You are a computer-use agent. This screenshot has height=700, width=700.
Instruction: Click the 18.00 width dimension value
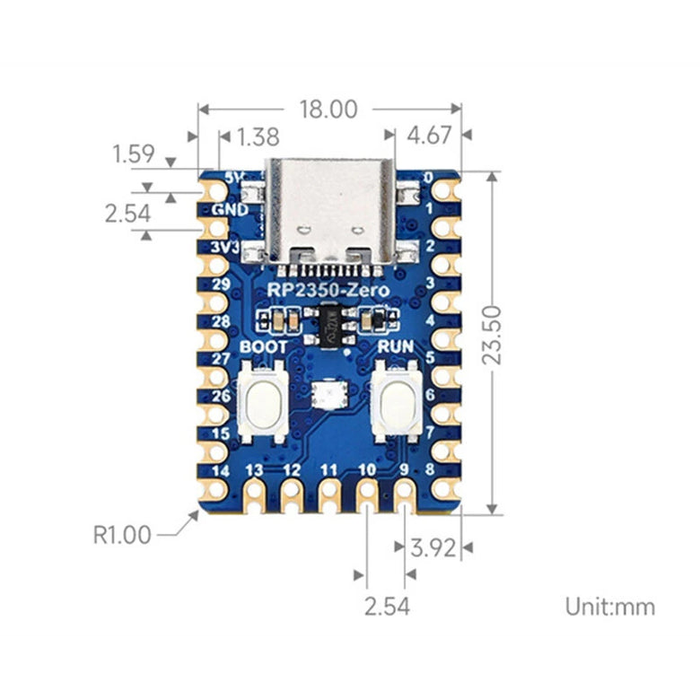pyautogui.click(x=328, y=109)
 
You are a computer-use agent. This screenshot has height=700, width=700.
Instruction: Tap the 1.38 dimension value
pyautogui.click(x=259, y=137)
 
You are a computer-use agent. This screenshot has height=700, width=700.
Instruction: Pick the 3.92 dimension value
pyautogui.click(x=433, y=547)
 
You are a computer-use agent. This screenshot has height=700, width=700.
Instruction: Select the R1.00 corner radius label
pyautogui.click(x=122, y=535)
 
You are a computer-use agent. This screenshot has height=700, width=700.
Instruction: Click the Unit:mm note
pyautogui.click(x=609, y=607)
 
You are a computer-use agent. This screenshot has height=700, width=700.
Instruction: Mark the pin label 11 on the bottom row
pyautogui.click(x=329, y=469)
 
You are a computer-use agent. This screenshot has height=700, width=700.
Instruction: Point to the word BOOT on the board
pyautogui.click(x=265, y=347)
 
